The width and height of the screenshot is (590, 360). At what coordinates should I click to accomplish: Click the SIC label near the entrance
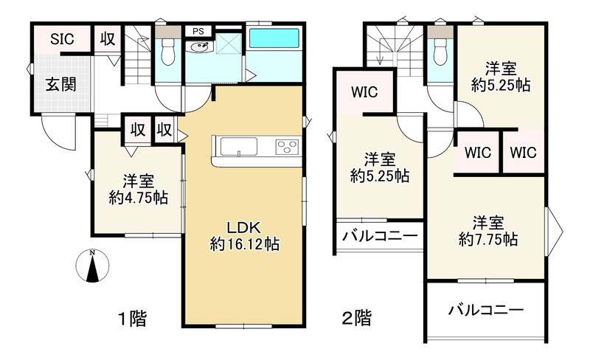pos(61,40)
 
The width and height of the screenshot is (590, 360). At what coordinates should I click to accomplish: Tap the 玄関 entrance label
pos(61,83)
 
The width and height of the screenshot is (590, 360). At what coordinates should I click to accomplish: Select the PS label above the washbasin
pos(198,31)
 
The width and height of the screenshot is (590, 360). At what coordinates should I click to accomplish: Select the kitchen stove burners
pos(287,146)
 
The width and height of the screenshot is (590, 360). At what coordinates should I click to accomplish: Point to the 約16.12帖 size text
pos(243,244)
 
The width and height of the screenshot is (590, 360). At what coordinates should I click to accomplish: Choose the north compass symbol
pos(92,266)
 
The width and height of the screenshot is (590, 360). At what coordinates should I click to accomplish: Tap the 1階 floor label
pos(133,319)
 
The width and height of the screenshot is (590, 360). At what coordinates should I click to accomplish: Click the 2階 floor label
pos(355,319)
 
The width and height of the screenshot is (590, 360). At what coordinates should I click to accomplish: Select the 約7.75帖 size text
pos(487,239)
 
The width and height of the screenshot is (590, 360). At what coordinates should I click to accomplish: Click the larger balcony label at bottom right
pos(486,311)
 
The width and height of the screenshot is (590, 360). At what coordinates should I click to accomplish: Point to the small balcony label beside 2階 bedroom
pos(380,237)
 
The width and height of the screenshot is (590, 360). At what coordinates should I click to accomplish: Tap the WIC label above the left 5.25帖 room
pos(364,93)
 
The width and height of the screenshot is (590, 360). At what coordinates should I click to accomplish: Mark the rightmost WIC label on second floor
pos(523,153)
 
